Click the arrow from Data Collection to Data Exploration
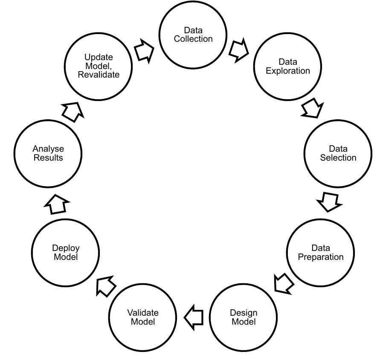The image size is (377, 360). [x=238, y=50]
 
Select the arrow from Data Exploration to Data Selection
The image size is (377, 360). [x=313, y=109]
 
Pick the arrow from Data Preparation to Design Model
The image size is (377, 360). [x=283, y=282]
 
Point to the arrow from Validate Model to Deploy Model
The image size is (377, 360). [x=106, y=286]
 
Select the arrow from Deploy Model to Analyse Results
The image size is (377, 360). [x=56, y=205]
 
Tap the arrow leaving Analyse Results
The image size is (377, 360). [x=70, y=112]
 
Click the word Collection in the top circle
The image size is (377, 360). [x=193, y=39]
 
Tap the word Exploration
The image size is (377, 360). [x=288, y=71]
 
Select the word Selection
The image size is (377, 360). [x=338, y=158]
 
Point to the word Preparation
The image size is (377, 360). [x=320, y=257]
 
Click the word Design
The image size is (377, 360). [x=244, y=313]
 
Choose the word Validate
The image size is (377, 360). [x=143, y=313]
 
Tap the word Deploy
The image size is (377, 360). [x=66, y=248]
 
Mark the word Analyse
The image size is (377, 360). [x=48, y=149]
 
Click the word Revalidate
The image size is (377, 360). [x=99, y=74]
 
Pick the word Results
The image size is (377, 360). [x=48, y=158]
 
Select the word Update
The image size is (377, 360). [x=99, y=57]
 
